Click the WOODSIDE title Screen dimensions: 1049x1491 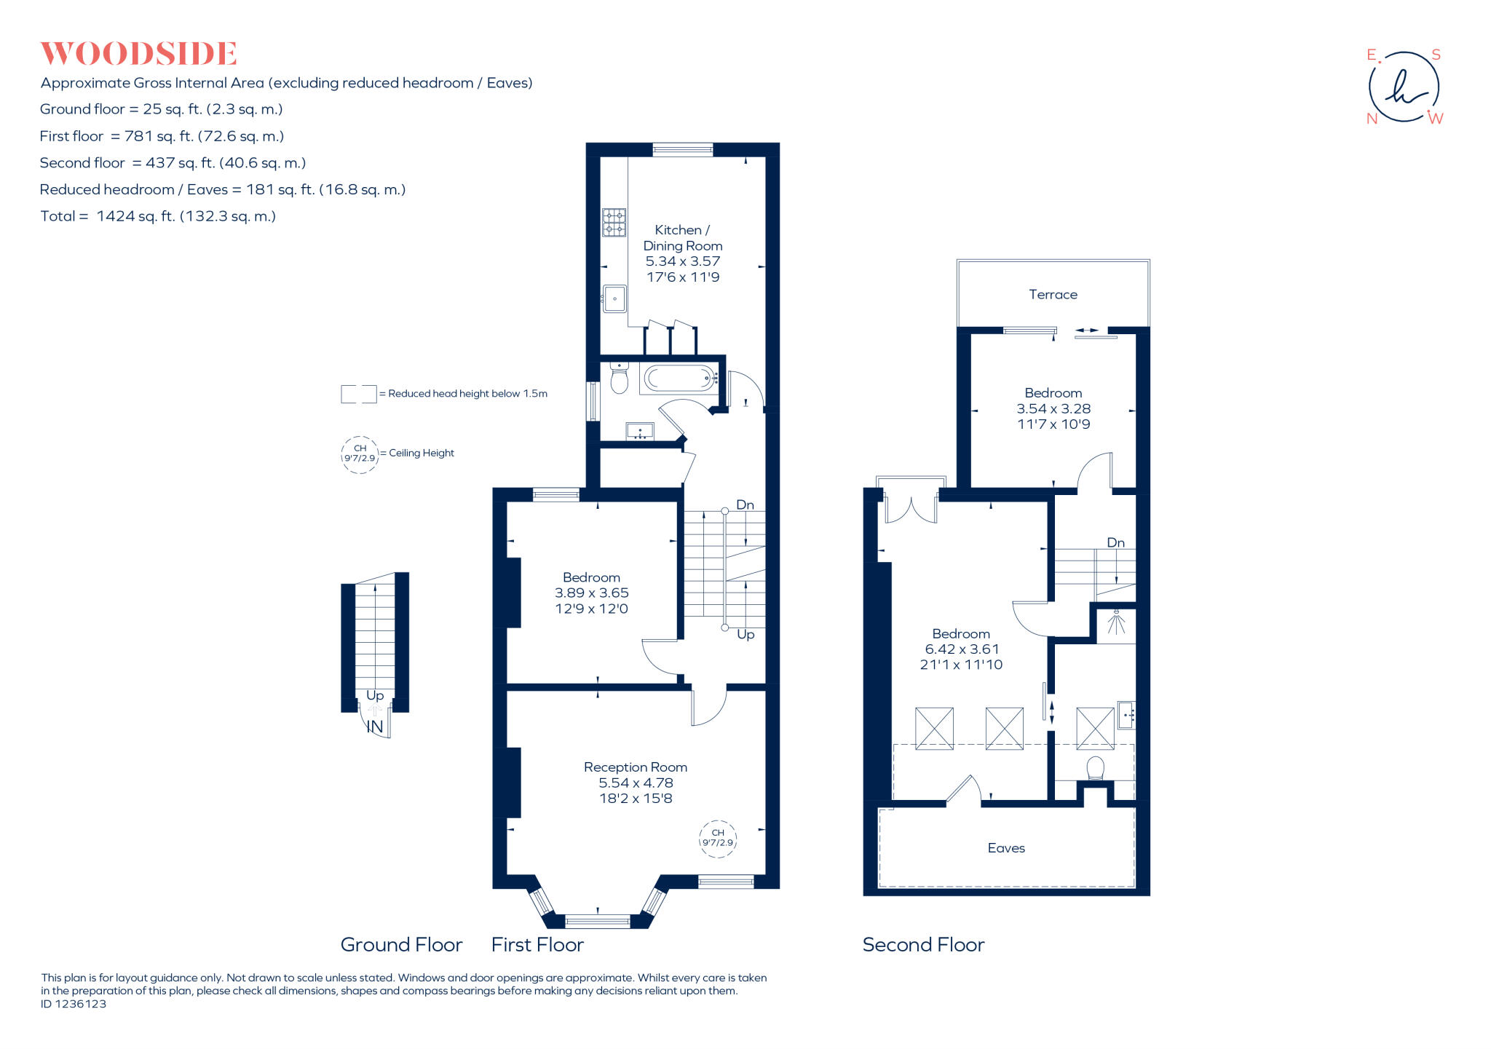138,54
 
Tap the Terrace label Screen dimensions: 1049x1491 1053,294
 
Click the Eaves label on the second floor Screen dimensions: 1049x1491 1006,848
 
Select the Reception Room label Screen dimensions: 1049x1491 635,767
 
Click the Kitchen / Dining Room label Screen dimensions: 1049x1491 682,238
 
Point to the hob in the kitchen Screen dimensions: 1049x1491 614,223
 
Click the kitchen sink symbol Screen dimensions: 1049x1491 614,298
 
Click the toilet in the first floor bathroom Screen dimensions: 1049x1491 619,379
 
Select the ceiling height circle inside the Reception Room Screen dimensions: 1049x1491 718,838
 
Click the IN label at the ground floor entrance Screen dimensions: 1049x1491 374,727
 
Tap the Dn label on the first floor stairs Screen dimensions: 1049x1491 745,504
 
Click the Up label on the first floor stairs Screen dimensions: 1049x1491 745,634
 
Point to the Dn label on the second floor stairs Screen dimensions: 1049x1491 1115,542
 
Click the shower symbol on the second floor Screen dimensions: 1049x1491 1116,623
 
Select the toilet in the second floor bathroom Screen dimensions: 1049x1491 1095,768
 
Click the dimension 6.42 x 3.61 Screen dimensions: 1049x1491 962,649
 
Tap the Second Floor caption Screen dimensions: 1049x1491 923,945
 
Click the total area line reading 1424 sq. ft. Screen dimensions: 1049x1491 158,216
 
